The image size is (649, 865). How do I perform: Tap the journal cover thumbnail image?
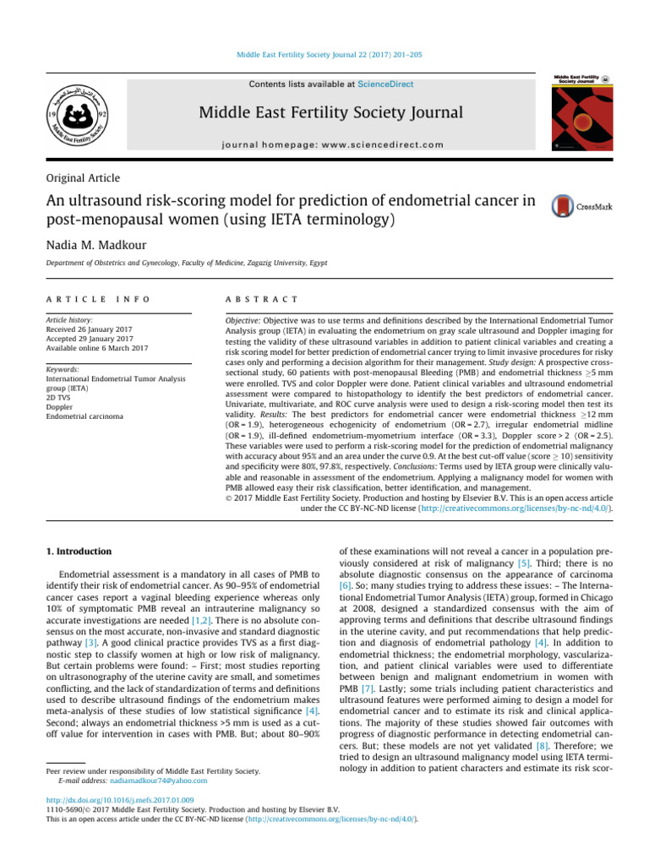click(583, 112)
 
